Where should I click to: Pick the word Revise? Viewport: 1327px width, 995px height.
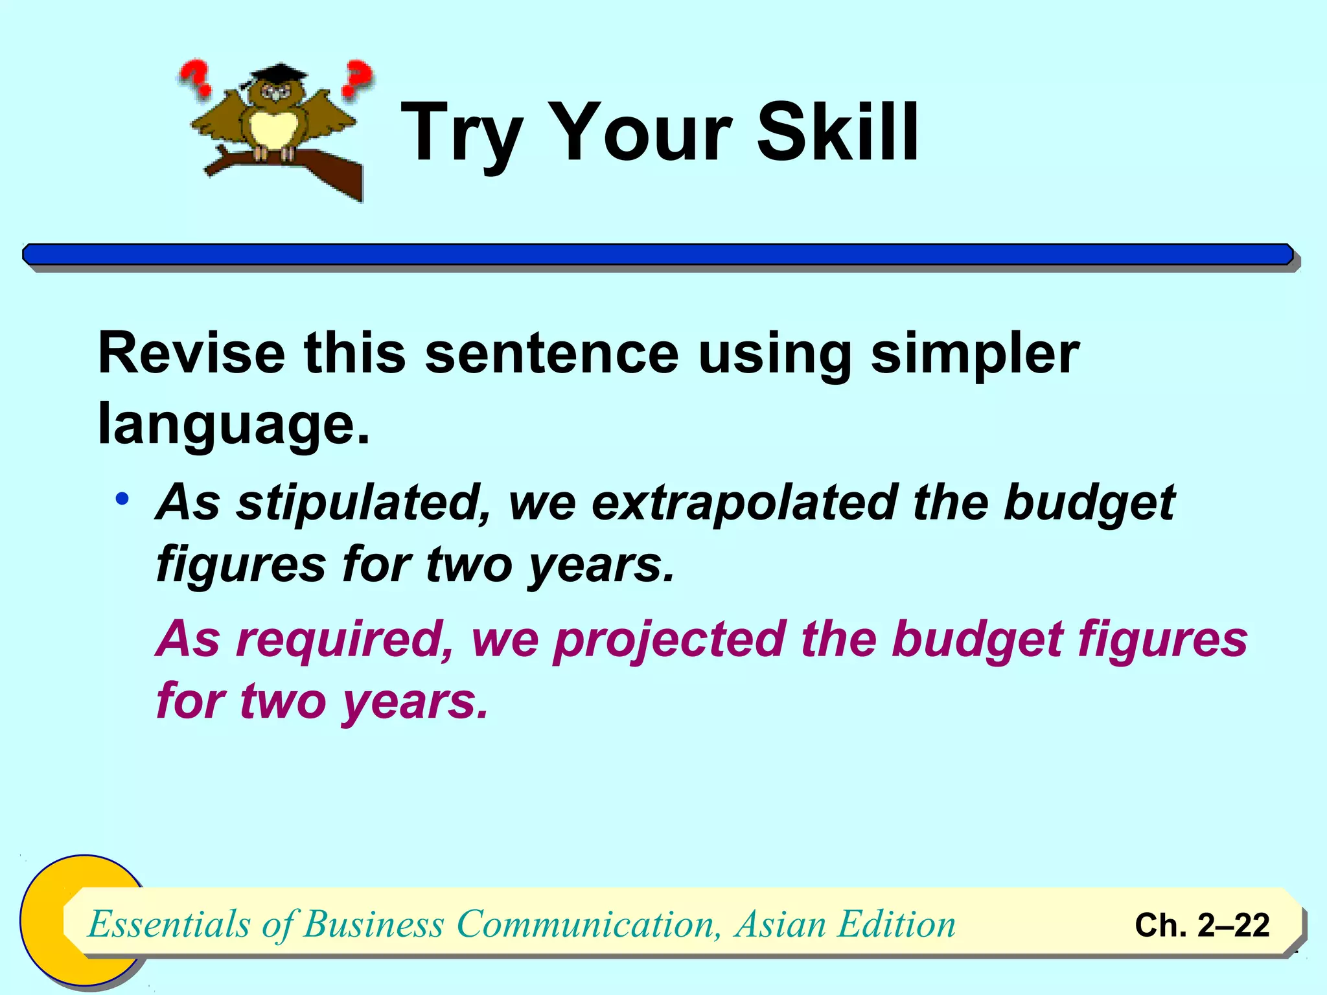click(191, 354)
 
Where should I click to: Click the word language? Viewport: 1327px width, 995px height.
click(233, 425)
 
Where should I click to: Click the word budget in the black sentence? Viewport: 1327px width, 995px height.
click(1089, 503)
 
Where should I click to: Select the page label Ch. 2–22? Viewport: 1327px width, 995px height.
click(1202, 925)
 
